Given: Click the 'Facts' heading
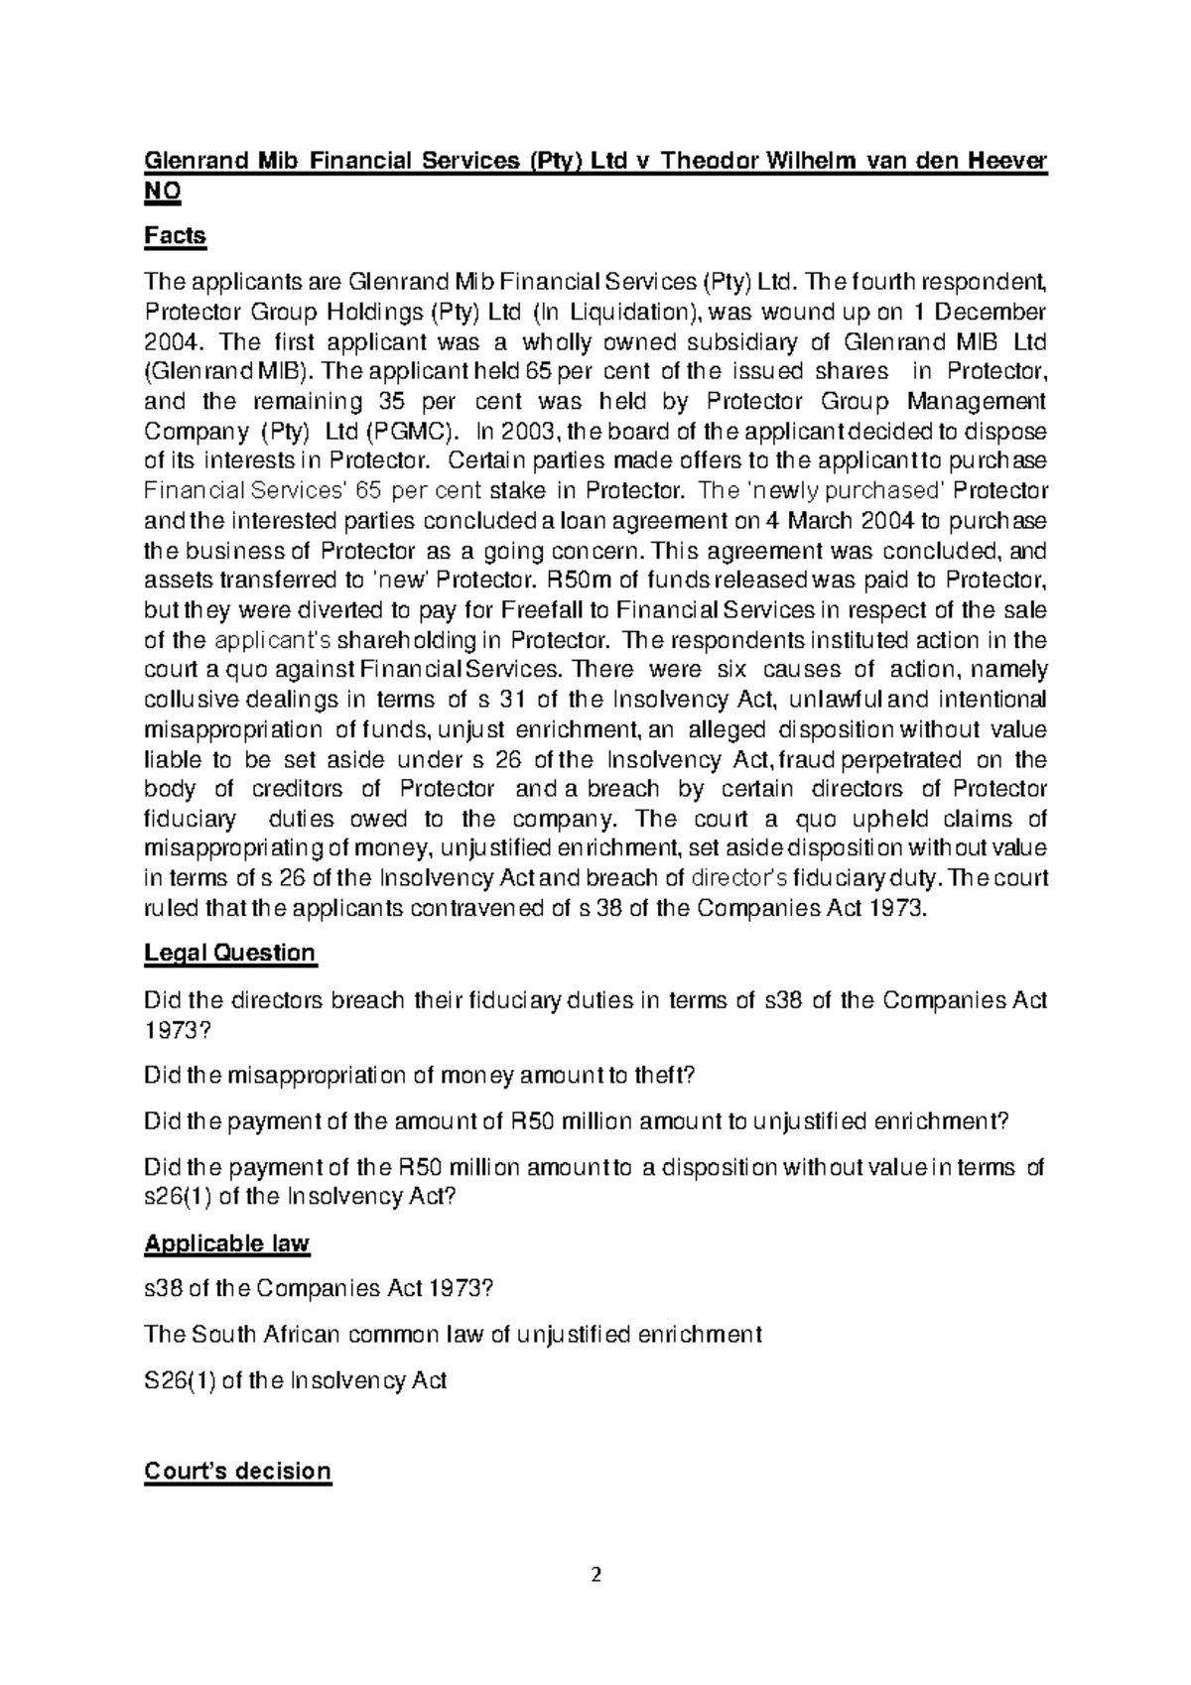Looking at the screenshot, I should pos(175,236).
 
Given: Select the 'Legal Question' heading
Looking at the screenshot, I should pos(229,954).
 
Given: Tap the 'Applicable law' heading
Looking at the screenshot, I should pos(227,1243).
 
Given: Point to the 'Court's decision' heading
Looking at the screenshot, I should pos(237,1471).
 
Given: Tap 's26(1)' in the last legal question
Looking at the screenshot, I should pos(177,1197).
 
